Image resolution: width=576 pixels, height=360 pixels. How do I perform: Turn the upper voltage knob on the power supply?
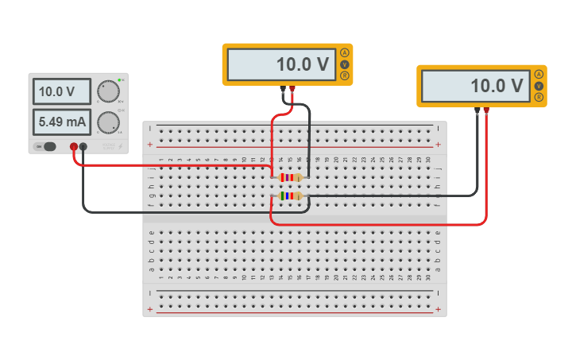(x=108, y=91)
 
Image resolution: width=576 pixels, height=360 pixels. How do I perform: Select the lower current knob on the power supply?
(x=108, y=122)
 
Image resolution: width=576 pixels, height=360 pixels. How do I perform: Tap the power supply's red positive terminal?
(x=74, y=146)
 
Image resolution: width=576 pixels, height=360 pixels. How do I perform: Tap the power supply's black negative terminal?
(x=83, y=146)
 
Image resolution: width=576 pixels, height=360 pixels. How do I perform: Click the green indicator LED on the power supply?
(x=119, y=80)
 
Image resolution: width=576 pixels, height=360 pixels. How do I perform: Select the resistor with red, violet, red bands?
(x=288, y=177)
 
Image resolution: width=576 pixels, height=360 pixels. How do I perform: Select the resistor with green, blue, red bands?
(x=288, y=195)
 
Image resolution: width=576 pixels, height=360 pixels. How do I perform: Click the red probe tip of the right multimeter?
(x=486, y=110)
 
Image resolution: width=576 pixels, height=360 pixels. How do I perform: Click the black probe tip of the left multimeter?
(x=284, y=89)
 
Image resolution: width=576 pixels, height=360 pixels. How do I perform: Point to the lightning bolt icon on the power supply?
(x=121, y=146)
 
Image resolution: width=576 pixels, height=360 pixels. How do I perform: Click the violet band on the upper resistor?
(x=286, y=177)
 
